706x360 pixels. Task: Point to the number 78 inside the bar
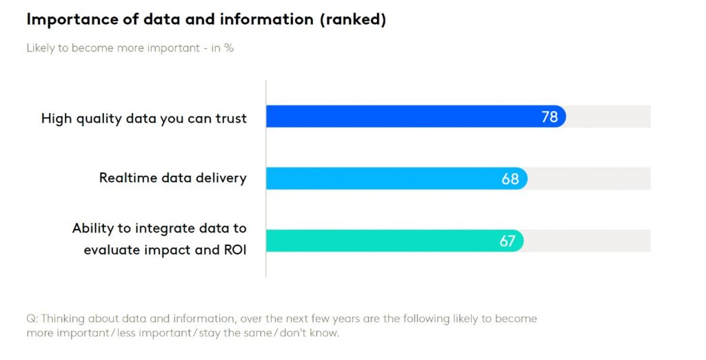[549, 117]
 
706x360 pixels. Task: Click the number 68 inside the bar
[510, 179]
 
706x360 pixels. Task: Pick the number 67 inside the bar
[508, 241]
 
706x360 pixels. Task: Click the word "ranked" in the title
[352, 20]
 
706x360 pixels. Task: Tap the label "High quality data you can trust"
[143, 119]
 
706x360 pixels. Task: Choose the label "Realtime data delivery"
[172, 178]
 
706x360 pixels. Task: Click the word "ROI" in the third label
[234, 250]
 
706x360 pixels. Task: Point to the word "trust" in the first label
[231, 119]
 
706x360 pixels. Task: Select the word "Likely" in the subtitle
[41, 48]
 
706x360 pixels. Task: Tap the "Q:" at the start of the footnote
[32, 319]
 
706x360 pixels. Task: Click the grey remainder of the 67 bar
[587, 241]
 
